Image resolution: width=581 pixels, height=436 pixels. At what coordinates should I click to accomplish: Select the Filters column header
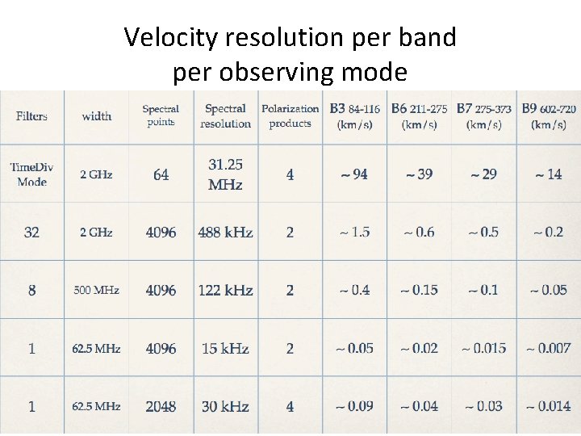(31, 116)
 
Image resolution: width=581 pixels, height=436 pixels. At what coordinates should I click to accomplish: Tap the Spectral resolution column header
(225, 116)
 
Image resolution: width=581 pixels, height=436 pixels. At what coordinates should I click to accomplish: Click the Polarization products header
(290, 116)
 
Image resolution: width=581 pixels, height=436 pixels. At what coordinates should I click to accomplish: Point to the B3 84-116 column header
(354, 116)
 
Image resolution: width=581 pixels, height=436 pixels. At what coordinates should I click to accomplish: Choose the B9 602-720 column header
(549, 116)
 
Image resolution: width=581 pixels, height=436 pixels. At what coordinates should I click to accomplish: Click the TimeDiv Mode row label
(31, 174)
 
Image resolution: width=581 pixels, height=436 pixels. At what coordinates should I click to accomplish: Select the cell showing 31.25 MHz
(225, 174)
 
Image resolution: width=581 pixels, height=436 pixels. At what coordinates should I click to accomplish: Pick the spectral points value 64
(161, 175)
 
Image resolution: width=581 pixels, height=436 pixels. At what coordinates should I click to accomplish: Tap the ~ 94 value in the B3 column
(353, 174)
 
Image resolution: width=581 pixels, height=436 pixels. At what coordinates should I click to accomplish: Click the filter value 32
(31, 233)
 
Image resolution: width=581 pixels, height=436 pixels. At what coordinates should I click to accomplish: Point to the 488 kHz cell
(225, 233)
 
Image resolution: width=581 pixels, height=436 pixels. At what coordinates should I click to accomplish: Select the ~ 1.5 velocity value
(354, 233)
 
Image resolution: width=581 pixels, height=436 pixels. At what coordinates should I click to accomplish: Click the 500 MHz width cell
(96, 291)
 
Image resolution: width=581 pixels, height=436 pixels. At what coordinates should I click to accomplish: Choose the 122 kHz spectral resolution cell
(225, 291)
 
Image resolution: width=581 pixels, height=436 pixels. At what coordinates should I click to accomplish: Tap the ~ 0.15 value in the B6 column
(419, 291)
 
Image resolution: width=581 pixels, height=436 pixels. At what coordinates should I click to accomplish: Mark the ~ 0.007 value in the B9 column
(548, 349)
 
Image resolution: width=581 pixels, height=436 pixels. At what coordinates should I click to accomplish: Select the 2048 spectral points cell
(161, 407)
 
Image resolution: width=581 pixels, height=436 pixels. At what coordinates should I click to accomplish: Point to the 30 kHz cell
(225, 407)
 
